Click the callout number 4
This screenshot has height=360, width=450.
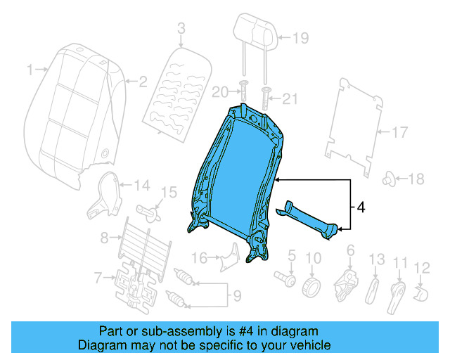pos(360,207)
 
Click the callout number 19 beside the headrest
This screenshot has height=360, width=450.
pos(300,39)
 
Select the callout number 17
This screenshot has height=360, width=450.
pos(399,131)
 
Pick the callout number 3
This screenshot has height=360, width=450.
pos(181,28)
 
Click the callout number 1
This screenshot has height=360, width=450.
pos(30,70)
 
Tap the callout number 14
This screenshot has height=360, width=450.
pos(142,186)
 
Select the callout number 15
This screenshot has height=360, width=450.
pos(169,192)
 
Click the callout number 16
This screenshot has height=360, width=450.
pos(200,258)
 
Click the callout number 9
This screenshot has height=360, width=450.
pos(237,294)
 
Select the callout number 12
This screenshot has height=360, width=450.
pos(421,266)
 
